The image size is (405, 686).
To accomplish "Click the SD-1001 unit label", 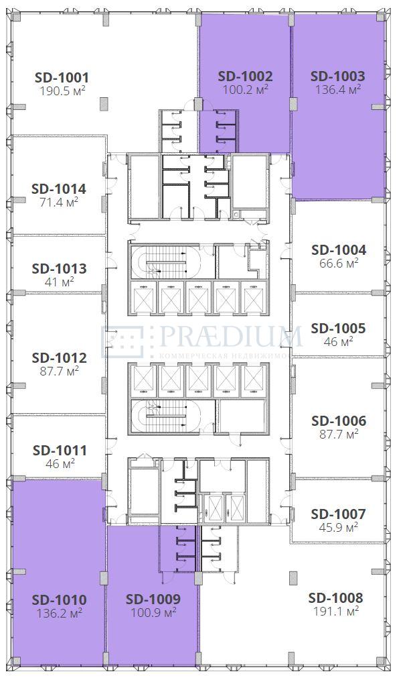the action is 62,77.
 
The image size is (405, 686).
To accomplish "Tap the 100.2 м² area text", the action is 245,90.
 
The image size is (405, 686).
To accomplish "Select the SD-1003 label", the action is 337,76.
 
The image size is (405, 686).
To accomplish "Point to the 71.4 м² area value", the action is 59,202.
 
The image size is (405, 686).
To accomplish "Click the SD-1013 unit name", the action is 59,269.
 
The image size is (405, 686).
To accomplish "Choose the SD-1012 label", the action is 60,358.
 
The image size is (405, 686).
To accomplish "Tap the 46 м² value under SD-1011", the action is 60,463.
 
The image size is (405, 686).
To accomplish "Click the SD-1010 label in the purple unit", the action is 60,599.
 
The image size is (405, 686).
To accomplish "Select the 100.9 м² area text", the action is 153,612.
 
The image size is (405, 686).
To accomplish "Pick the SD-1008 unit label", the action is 335,597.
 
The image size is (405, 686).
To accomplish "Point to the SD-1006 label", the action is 339,421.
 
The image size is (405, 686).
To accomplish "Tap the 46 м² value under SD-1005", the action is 339,341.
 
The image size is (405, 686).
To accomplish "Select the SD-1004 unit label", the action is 339,250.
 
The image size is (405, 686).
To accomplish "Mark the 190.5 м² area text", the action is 62,91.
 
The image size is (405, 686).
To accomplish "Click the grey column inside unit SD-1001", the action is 104,104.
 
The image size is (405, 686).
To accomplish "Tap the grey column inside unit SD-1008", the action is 293,577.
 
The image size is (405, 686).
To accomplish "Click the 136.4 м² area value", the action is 338,90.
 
